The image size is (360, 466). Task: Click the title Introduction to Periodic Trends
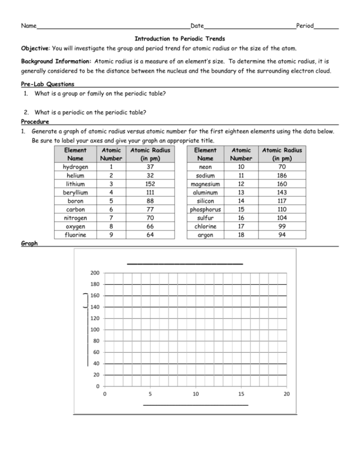pos(179,38)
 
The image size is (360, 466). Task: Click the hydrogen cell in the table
pos(75,167)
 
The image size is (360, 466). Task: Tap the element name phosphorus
pos(205,209)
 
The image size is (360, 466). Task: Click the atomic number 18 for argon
pos(241,235)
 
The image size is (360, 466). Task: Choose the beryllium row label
pos(75,193)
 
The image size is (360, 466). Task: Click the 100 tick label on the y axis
pos(95,330)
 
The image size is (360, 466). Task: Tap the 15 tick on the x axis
pos(241,394)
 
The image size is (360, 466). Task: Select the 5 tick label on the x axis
pos(150,394)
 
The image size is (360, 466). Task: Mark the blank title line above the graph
pos(185,263)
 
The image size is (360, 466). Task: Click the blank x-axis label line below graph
pos(196,405)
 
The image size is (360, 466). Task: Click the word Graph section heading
pos(29,244)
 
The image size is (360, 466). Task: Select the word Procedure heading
pos(35,122)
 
